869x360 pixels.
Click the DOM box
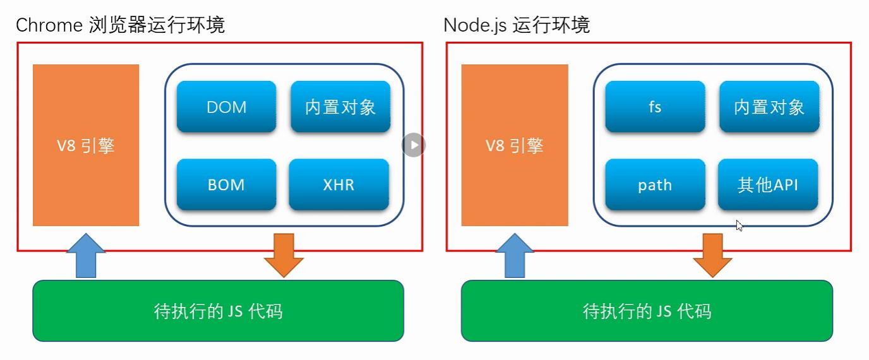226,107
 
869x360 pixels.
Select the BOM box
226,184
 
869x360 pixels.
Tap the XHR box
339,184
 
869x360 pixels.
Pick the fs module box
655,107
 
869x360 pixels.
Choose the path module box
655,184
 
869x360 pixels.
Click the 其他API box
768,184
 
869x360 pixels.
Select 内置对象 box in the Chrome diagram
340,107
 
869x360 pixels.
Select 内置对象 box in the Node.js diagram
769,107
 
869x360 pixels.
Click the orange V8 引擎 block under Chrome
86,145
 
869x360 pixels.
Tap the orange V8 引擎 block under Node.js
515,145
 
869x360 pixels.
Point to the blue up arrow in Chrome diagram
86,256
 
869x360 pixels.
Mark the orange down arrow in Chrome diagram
284,255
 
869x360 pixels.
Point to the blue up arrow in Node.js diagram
515,256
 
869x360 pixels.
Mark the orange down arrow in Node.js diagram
712,255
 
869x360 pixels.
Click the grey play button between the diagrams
414,145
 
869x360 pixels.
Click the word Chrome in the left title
49,25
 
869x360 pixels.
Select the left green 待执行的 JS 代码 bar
218,311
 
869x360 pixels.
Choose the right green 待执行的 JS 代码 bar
647,311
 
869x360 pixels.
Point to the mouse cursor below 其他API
739,225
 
